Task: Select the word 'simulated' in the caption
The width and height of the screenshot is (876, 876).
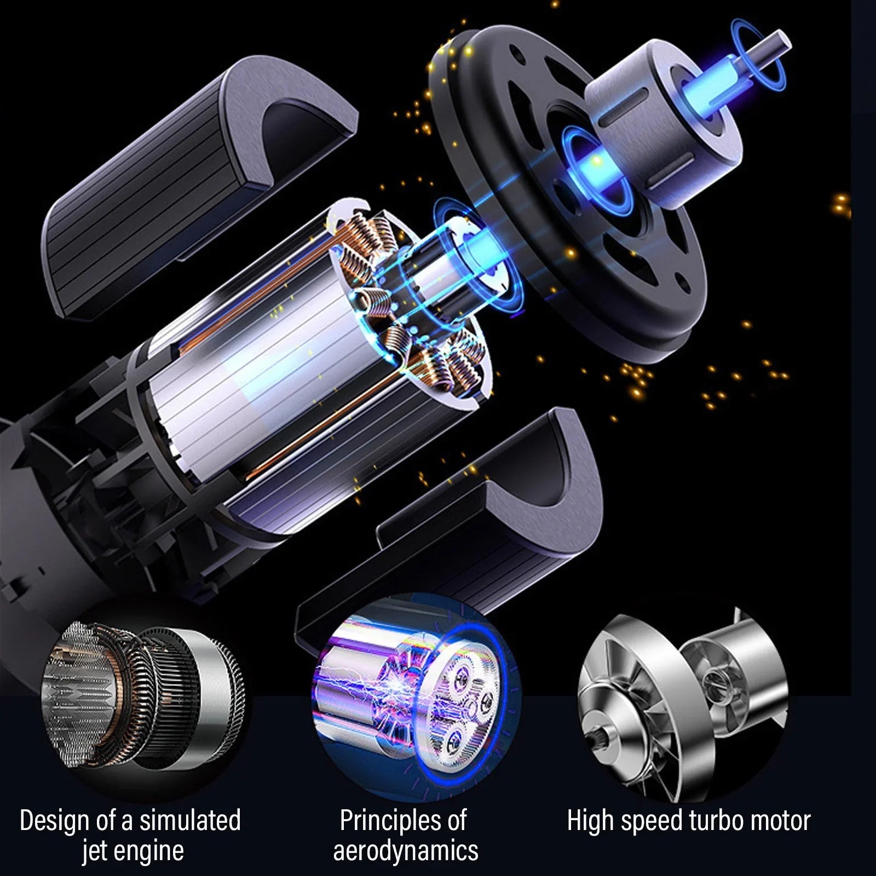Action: (x=190, y=820)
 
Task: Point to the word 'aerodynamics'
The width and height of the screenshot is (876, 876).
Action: (x=405, y=851)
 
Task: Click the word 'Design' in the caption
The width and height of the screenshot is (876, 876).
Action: (x=53, y=820)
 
